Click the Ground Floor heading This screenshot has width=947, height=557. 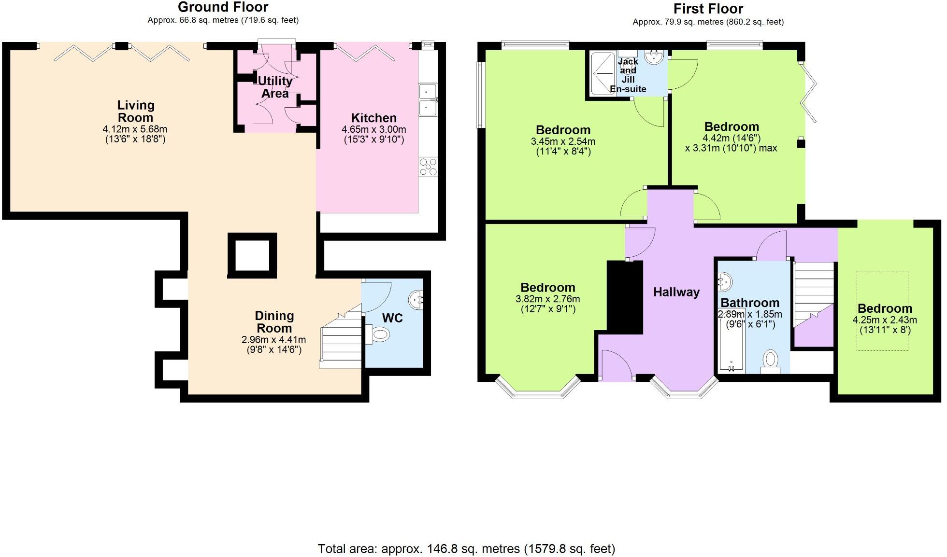click(x=223, y=7)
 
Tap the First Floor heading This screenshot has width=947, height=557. click(x=708, y=9)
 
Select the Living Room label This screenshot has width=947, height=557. click(x=136, y=111)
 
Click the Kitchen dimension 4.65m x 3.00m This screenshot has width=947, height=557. click(x=373, y=129)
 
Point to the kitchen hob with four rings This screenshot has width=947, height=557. click(x=428, y=167)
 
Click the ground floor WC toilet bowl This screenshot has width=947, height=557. click(x=380, y=334)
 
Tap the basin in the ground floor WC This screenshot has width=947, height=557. click(x=416, y=300)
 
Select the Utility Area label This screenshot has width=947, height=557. click(x=275, y=87)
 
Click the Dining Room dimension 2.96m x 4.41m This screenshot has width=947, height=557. click(x=273, y=340)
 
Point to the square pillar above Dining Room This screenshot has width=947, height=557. click(x=252, y=256)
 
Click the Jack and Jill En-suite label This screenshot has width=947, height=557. click(x=628, y=75)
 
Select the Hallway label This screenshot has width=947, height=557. click(x=676, y=292)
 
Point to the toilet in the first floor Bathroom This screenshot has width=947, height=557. click(x=771, y=361)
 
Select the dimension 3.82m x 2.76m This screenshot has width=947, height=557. click(x=547, y=299)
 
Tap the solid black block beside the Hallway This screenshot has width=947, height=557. click(x=625, y=297)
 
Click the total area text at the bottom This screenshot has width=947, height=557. click(x=466, y=549)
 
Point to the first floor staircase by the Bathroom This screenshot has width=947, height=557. click(x=814, y=294)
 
